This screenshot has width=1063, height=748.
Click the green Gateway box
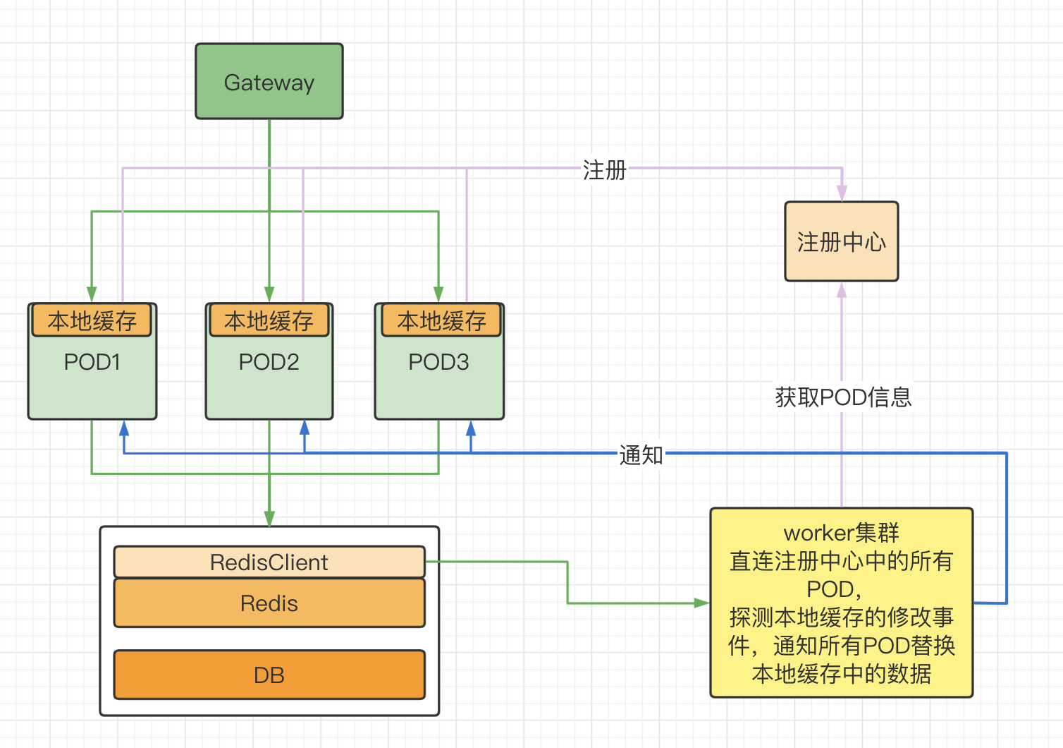(269, 82)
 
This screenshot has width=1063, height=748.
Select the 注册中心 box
(842, 241)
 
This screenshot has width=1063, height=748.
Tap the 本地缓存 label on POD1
(92, 321)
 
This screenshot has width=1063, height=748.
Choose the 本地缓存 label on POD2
(269, 321)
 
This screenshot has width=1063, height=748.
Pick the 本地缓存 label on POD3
(441, 321)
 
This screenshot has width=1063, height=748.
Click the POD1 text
(92, 362)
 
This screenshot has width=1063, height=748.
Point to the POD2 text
(269, 362)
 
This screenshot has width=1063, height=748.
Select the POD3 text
(438, 362)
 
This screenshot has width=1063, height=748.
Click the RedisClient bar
(269, 562)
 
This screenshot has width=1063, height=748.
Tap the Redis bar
(269, 603)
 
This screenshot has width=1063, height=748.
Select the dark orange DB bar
(269, 675)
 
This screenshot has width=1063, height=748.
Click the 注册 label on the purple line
(604, 170)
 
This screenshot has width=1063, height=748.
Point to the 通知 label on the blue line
(641, 455)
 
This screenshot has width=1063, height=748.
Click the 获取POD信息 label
(843, 397)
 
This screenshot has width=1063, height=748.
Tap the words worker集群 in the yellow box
(842, 533)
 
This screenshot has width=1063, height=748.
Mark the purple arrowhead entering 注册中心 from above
(842, 193)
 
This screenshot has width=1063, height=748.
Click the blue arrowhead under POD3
(471, 428)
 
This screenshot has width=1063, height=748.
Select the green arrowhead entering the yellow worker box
(701, 603)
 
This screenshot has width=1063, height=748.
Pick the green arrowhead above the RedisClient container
(269, 519)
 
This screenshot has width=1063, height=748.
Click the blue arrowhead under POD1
(124, 428)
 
